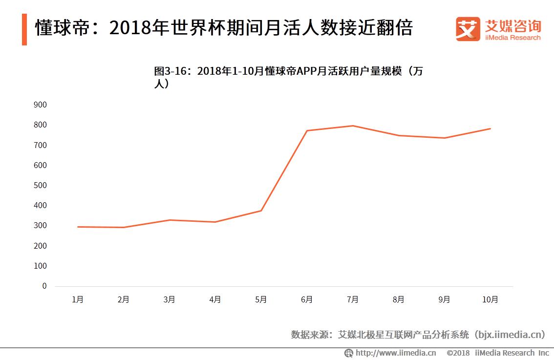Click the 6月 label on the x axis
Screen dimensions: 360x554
pos(307,299)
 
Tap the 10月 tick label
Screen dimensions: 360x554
pos(490,299)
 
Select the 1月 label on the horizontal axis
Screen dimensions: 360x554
pos(78,299)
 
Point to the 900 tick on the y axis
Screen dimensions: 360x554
pos(41,105)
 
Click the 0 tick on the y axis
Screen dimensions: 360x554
pos(44,286)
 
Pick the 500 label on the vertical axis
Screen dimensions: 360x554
pos(41,185)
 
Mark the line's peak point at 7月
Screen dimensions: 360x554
pos(353,126)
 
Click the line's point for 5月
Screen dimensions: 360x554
pos(261,211)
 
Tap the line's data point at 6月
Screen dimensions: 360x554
pos(307,130)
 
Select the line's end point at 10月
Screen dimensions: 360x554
pos(490,128)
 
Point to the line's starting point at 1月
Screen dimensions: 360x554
pos(78,227)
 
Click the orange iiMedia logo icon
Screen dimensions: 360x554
pos(468,29)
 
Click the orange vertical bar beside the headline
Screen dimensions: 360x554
pos(24,29)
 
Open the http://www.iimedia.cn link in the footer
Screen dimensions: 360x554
pos(396,353)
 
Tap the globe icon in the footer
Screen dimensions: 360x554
pos(349,353)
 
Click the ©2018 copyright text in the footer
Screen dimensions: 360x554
pos(458,353)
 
